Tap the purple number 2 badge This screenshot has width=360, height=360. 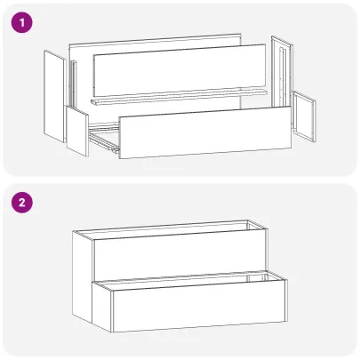(x=21, y=204)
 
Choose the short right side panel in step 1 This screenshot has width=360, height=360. (x=305, y=116)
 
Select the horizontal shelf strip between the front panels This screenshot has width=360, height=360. (x=178, y=99)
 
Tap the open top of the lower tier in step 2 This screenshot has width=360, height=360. (x=191, y=282)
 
